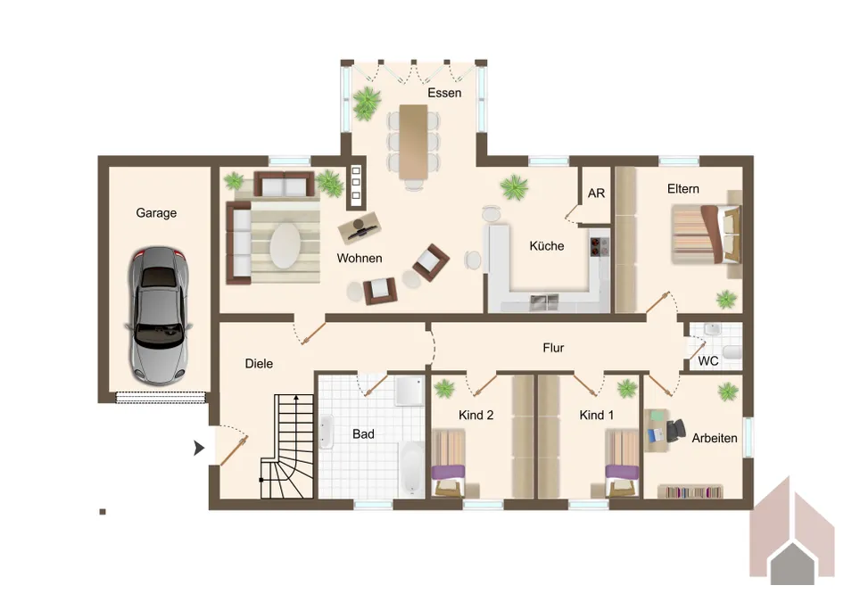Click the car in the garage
point(159,317)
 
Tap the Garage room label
point(156,213)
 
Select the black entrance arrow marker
point(200,449)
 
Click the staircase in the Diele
point(287,447)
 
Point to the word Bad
point(363,434)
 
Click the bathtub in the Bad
point(412,468)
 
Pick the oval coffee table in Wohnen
point(285,245)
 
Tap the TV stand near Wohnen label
point(360,227)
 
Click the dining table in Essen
point(413,142)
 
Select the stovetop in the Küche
point(600,246)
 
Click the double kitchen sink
point(545,301)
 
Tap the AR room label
point(596,194)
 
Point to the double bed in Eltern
point(706,235)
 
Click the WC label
point(708,361)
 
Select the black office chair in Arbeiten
point(675,430)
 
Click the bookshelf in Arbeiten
point(691,491)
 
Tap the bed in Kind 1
point(622,464)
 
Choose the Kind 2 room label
point(476,416)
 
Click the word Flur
point(553,348)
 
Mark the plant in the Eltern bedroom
point(726,300)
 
